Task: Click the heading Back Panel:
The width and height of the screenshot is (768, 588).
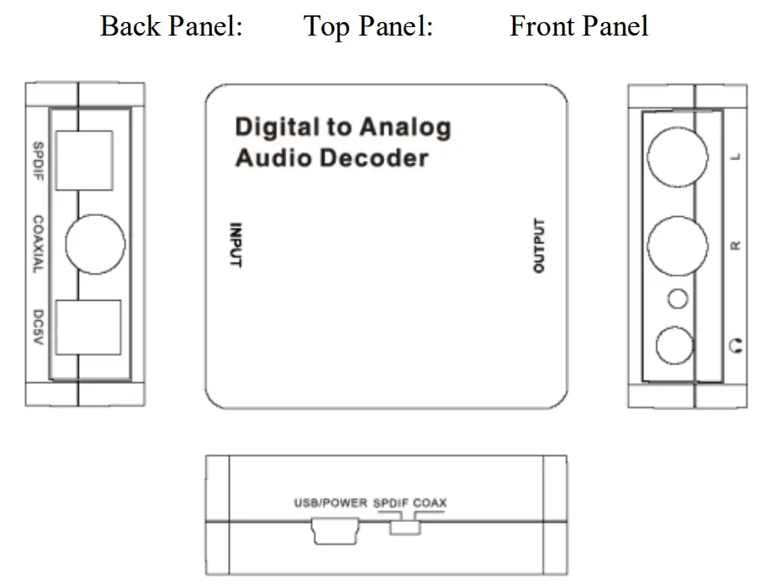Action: point(171,25)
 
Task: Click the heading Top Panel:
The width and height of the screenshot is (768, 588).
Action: point(368,25)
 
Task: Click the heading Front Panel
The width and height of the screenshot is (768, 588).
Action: point(578,25)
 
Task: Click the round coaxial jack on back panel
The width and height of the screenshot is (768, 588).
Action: point(95,244)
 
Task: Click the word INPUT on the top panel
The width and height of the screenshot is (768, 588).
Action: point(237,245)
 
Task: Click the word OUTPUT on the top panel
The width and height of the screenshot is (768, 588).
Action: point(539,246)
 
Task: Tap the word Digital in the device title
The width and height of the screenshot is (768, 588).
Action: point(273,128)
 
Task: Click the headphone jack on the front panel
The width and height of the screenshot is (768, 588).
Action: point(676,346)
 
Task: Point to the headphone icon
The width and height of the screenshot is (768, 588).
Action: point(736,346)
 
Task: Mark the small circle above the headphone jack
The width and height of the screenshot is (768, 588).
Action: point(677,298)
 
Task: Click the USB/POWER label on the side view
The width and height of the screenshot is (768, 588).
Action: point(330,502)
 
